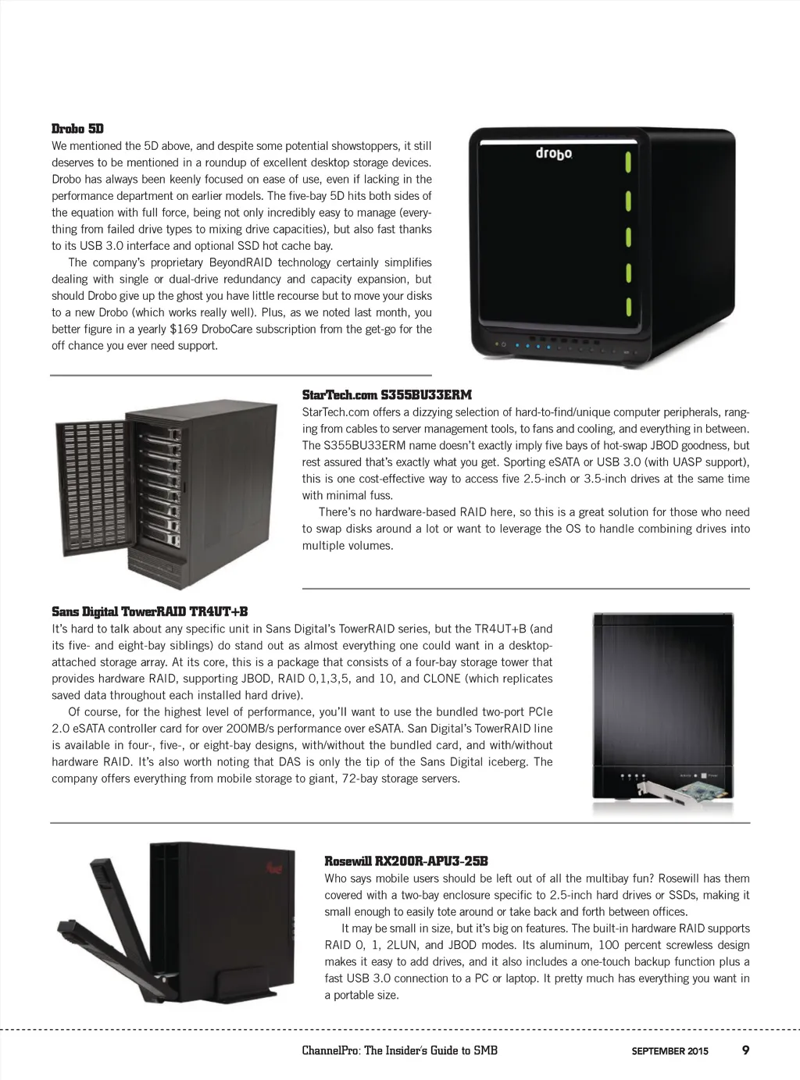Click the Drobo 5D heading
click(x=77, y=129)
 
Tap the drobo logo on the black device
click(x=554, y=153)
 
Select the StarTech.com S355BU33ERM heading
click(x=387, y=395)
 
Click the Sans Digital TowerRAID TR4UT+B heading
click(x=149, y=611)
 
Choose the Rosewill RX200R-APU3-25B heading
click(x=406, y=861)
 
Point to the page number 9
click(x=745, y=1050)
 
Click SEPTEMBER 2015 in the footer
click(x=670, y=1051)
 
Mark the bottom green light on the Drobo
click(x=627, y=305)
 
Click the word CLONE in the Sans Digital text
click(x=441, y=679)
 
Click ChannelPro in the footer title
click(x=330, y=1050)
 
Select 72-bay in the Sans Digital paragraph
click(x=366, y=779)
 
